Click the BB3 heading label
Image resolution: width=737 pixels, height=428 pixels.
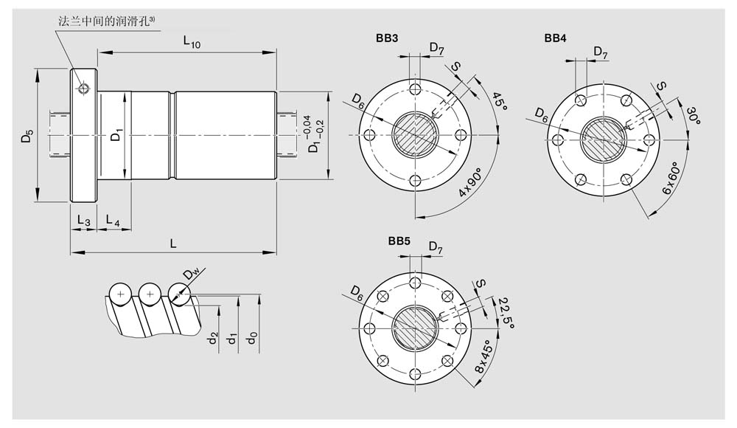387,38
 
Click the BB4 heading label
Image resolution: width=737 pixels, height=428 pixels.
556,38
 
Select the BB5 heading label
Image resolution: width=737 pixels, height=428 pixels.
399,241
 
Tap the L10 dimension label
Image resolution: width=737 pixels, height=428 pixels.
192,42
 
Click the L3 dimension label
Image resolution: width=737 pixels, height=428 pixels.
84,220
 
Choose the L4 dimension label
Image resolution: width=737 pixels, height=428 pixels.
113,220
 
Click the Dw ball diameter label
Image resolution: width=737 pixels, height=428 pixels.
192,273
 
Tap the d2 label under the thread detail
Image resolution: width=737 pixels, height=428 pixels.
213,337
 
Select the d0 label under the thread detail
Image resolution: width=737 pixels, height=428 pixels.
252,337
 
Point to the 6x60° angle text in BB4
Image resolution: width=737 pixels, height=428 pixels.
670,178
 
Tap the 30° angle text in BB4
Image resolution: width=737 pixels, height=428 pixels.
694,115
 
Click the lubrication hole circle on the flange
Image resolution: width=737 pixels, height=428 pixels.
84,88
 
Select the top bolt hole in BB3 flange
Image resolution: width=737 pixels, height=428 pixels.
415,89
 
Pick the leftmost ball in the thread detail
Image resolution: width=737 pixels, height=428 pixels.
121,294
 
